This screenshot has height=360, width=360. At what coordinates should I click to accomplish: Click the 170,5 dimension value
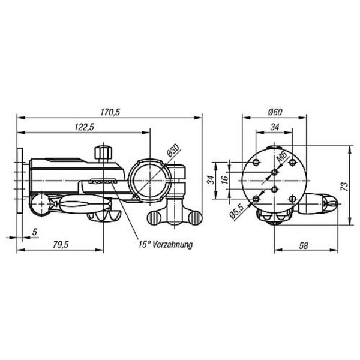pos(110,112)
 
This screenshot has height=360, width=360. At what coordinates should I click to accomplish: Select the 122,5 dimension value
pos(85,127)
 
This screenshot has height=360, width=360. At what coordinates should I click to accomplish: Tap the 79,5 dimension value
pos(61,245)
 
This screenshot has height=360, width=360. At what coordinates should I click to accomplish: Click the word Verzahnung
pos(173,244)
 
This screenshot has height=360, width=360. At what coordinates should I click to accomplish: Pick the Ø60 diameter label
pos(275,112)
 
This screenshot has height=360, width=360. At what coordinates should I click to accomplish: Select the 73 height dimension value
pos(344,186)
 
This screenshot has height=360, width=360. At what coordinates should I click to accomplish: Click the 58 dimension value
pos(303,245)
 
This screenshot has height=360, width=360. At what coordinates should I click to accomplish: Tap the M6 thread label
pos(282,158)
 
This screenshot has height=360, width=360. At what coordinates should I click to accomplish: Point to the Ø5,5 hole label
pos(236,211)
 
